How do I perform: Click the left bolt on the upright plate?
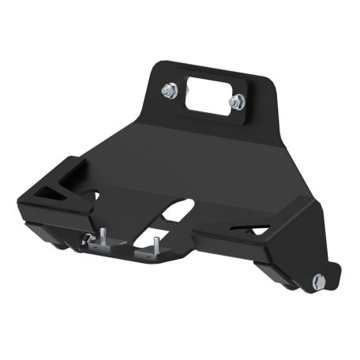point(169,91)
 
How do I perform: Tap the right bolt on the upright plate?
point(237,102)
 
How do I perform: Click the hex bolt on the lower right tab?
point(318,280)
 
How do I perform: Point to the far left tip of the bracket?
point(24,193)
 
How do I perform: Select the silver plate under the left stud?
point(98,246)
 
